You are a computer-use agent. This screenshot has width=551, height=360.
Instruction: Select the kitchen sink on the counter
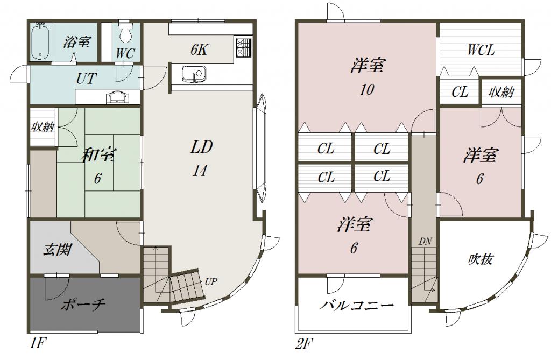coord(193,75)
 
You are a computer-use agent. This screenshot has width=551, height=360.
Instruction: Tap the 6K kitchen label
coord(199,50)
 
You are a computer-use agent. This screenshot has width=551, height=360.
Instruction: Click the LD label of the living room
coord(201,147)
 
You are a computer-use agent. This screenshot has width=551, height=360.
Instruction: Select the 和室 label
coord(98,155)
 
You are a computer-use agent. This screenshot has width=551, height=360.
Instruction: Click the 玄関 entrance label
coord(58,250)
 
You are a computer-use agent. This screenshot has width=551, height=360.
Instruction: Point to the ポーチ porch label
coord(83,304)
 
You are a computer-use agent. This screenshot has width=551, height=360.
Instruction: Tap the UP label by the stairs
coord(211,281)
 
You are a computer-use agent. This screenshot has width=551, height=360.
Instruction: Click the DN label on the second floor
coord(425,242)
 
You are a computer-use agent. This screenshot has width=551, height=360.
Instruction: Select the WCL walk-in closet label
coord(481,50)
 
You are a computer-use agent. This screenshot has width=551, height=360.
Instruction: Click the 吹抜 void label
coord(481,259)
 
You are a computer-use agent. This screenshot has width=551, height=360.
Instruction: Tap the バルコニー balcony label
coord(356,305)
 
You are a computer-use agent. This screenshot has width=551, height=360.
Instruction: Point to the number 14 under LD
coord(199,171)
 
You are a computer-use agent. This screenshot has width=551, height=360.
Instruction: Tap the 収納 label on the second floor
coord(501,93)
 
